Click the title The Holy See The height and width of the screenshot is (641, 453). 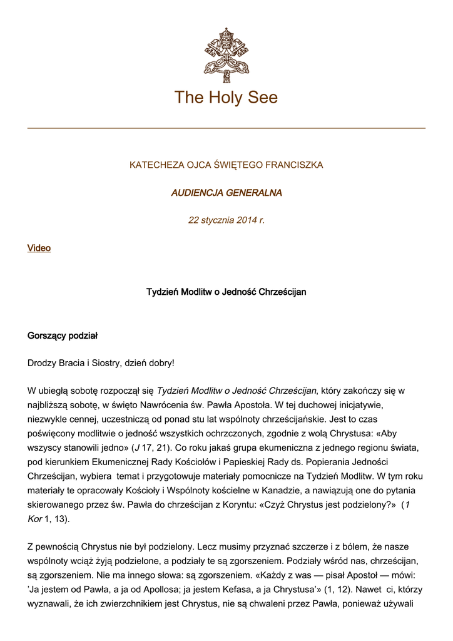(226, 98)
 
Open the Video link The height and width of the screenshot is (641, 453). (39, 249)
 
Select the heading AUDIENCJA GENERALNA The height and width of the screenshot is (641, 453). (227, 193)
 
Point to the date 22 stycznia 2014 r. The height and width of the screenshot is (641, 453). (227, 220)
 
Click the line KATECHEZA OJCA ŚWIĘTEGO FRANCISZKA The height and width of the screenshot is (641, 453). (227, 165)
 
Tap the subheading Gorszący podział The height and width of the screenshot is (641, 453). (63, 336)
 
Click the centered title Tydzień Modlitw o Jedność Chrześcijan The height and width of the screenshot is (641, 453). (227, 292)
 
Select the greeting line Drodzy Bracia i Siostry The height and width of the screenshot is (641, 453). (101, 363)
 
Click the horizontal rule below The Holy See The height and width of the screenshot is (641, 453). (227, 128)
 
